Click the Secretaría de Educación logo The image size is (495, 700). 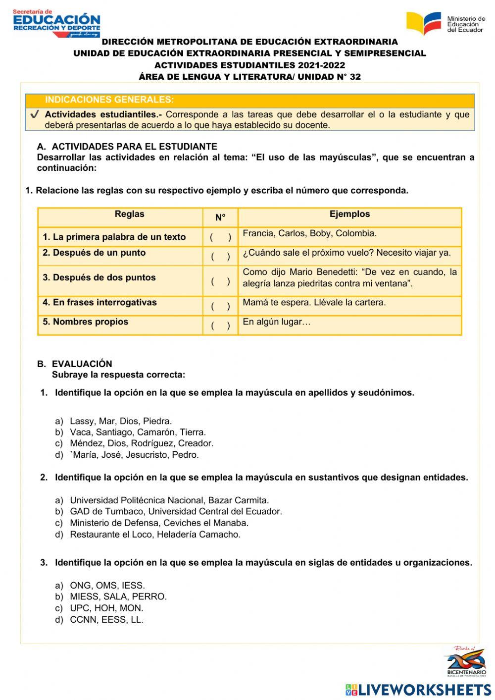pyautogui.click(x=56, y=23)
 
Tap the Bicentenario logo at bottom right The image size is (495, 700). pyautogui.click(x=465, y=661)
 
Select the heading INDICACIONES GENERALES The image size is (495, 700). pyautogui.click(x=109, y=100)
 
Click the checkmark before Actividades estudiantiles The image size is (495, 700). pyautogui.click(x=35, y=114)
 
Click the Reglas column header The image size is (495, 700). pyautogui.click(x=129, y=214)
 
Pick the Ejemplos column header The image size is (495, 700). pyautogui.click(x=349, y=214)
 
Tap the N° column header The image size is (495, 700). pyautogui.click(x=220, y=217)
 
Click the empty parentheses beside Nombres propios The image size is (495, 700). pyautogui.click(x=220, y=325)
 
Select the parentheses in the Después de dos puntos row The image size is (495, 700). pyautogui.click(x=220, y=281)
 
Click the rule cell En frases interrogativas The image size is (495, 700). pyautogui.click(x=99, y=302)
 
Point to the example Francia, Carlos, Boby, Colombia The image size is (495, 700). pyautogui.click(x=309, y=233)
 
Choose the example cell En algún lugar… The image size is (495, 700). pyautogui.click(x=276, y=322)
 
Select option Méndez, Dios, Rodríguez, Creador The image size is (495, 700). pyautogui.click(x=141, y=443)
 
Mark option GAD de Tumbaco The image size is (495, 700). pyautogui.click(x=176, y=511)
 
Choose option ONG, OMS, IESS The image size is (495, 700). pyautogui.click(x=107, y=586)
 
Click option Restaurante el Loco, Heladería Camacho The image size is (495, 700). pyautogui.click(x=155, y=535)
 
